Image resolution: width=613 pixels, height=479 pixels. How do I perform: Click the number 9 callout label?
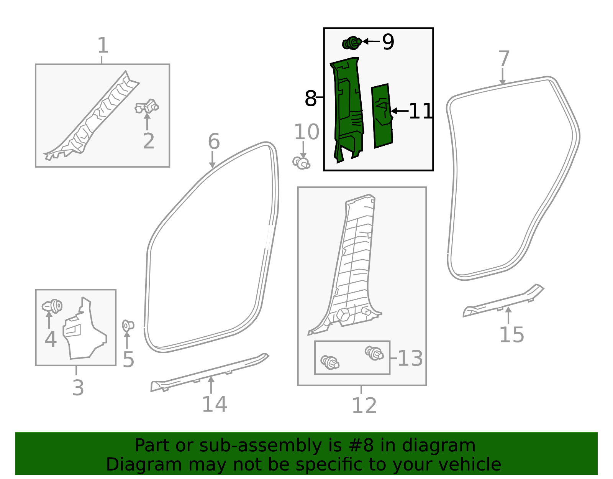388,42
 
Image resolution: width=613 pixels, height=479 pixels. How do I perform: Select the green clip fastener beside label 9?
352,43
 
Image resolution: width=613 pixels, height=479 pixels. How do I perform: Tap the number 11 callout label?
421,111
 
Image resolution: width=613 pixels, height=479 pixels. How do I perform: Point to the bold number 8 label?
310,99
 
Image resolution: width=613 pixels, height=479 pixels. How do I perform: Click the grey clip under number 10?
302,163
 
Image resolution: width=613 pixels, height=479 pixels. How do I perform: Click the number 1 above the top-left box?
103,46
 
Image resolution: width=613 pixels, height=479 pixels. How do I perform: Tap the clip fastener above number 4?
52,306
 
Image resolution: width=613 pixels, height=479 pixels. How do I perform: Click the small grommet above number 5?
128,326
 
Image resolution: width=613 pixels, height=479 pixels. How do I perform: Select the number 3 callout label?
78,388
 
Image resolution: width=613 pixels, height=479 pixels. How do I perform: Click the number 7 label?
504,59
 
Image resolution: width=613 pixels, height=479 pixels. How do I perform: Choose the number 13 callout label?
410,358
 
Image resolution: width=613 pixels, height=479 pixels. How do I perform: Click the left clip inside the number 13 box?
329,362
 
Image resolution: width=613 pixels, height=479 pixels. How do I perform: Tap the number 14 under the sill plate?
214,404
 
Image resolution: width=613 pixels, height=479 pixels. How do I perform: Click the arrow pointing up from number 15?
508,315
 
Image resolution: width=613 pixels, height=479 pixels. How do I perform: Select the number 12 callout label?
364,405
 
